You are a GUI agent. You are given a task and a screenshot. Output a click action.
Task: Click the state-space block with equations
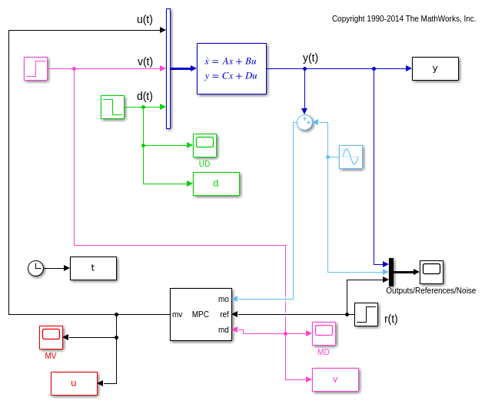231,68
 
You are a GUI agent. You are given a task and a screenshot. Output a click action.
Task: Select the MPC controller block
201,314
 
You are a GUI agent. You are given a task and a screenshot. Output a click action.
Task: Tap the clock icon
35,268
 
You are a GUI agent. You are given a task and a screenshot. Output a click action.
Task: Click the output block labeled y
435,68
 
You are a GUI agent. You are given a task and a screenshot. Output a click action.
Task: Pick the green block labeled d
216,184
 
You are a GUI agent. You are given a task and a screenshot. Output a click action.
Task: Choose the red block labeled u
74,383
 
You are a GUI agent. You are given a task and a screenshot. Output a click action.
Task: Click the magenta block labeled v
335,379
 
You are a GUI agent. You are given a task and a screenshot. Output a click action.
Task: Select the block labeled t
93,268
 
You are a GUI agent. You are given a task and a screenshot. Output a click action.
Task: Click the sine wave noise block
350,157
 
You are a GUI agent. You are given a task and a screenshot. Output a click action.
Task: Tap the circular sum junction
304,122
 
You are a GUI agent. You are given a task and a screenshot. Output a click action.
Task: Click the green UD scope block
204,144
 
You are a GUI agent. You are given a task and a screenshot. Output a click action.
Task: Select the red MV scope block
51,336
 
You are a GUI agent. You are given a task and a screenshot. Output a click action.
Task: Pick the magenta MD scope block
324,333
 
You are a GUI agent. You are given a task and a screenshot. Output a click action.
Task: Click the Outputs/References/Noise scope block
431,271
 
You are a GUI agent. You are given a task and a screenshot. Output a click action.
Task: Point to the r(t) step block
366,314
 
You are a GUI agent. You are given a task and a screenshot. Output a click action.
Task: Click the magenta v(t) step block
35,68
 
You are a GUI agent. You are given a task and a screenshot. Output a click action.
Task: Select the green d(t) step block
112,107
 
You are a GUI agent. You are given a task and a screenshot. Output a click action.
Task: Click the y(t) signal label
311,58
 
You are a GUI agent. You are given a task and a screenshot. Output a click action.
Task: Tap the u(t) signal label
145,20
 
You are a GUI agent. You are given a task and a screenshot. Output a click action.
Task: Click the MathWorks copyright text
404,18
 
